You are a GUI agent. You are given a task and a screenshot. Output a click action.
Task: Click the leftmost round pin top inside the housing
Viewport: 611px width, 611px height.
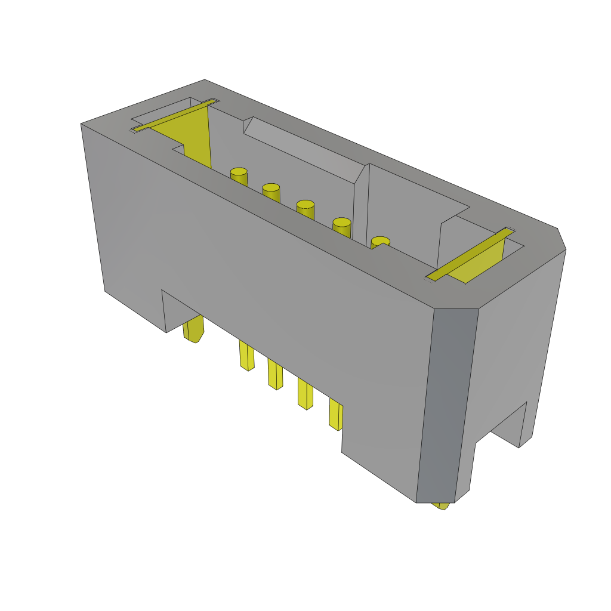pyautogui.click(x=239, y=172)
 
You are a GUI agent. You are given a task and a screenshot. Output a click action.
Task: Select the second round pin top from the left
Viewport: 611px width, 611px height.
pyautogui.click(x=271, y=188)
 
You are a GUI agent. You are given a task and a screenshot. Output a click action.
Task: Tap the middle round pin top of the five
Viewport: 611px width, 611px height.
pyautogui.click(x=305, y=205)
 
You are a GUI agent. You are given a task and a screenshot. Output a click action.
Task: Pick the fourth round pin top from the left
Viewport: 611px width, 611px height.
pyautogui.click(x=341, y=223)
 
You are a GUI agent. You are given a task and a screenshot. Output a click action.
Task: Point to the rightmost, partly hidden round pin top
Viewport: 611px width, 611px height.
pyautogui.click(x=380, y=241)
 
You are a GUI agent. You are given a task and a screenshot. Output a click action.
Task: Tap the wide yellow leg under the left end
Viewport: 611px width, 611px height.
pyautogui.click(x=194, y=329)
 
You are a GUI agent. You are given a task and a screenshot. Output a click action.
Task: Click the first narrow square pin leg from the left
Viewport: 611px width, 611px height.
pyautogui.click(x=246, y=356)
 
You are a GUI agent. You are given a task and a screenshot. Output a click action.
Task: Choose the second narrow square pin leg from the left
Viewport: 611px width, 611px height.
pyautogui.click(x=275, y=375)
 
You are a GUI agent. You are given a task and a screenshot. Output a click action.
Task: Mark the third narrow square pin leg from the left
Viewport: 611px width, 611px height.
pyautogui.click(x=305, y=395)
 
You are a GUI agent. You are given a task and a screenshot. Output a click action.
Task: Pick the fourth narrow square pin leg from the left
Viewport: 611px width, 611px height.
pyautogui.click(x=336, y=415)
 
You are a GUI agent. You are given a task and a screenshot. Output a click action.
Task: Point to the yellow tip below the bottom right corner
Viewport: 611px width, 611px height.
pyautogui.click(x=443, y=506)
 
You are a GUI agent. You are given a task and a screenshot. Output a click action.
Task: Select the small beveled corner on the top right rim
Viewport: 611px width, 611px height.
pyautogui.click(x=561, y=239)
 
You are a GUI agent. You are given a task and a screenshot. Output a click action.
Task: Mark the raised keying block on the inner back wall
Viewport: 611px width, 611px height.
pyautogui.click(x=304, y=149)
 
